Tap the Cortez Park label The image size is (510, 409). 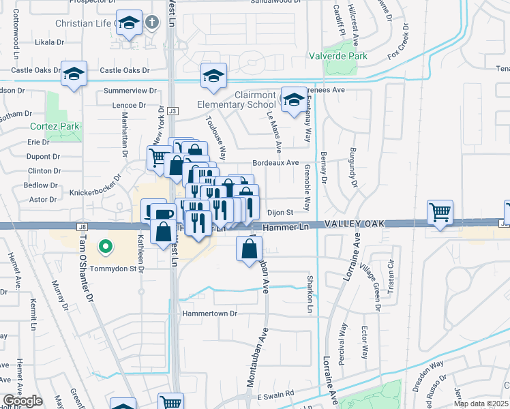tap(55, 126)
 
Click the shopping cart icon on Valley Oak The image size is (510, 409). tap(440, 212)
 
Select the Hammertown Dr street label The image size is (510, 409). tap(209, 314)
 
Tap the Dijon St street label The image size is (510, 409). tap(279, 212)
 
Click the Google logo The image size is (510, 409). tap(22, 401)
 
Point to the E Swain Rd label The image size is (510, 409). tap(275, 394)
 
